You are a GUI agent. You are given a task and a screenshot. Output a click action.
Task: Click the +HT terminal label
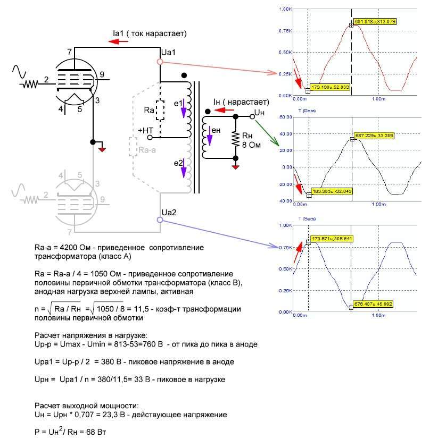pos(145,130)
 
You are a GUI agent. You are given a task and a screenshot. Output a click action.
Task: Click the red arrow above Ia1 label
pos(118,42)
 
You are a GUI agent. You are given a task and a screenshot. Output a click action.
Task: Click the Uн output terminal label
pos(259,113)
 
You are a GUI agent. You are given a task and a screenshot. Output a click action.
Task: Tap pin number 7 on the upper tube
pos(70,52)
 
